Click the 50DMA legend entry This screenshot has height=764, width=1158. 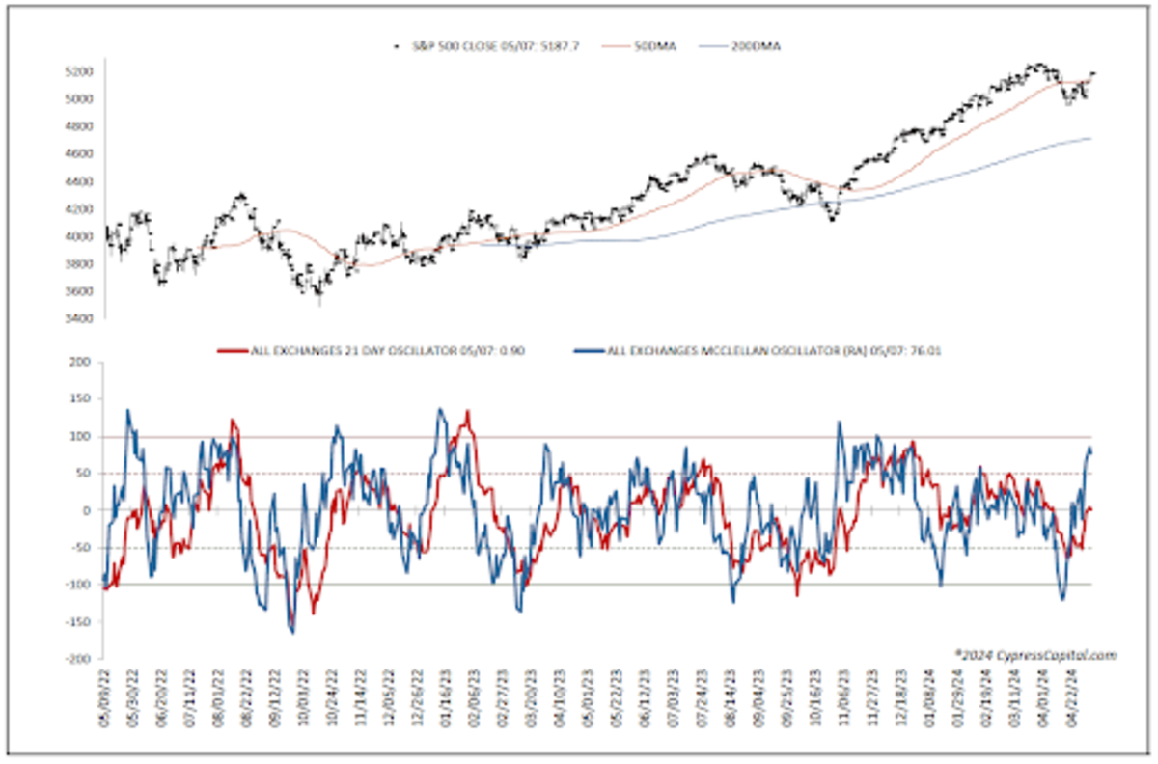point(650,46)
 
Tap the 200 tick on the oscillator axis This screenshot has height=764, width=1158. point(79,363)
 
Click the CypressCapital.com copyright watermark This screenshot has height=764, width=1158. point(1034,655)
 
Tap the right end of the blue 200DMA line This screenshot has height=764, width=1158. point(1090,139)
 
